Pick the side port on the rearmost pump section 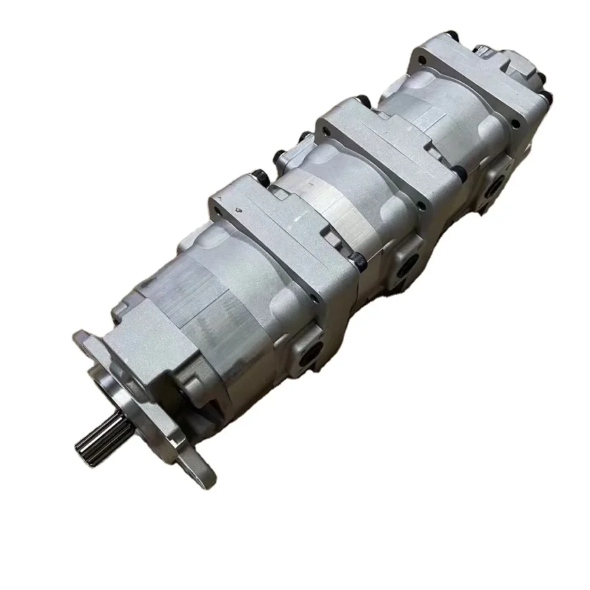[496, 180]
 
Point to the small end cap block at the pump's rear [524, 66]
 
